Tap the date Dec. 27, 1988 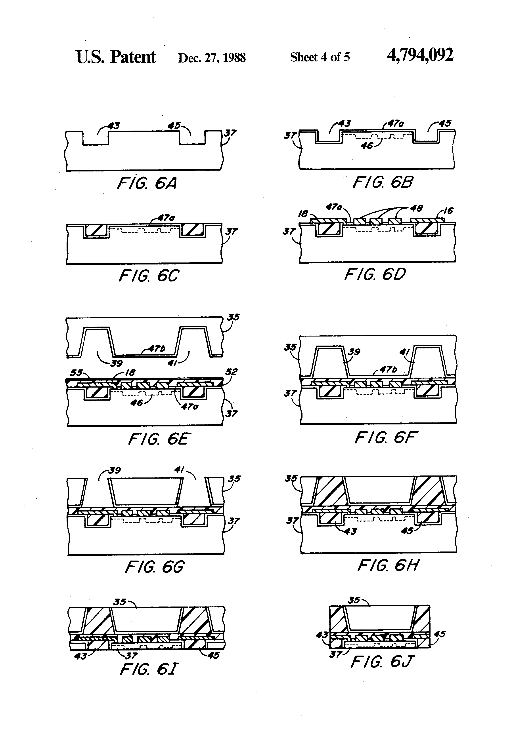(x=212, y=58)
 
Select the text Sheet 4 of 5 (x=320, y=57)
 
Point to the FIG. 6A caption (x=147, y=183)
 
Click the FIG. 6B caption (x=383, y=182)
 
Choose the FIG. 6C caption (x=149, y=276)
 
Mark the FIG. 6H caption (x=387, y=566)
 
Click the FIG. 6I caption (x=149, y=670)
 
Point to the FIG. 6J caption (x=383, y=662)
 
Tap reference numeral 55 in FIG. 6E (x=77, y=373)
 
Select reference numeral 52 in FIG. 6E (x=231, y=372)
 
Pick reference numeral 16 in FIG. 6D (x=448, y=211)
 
